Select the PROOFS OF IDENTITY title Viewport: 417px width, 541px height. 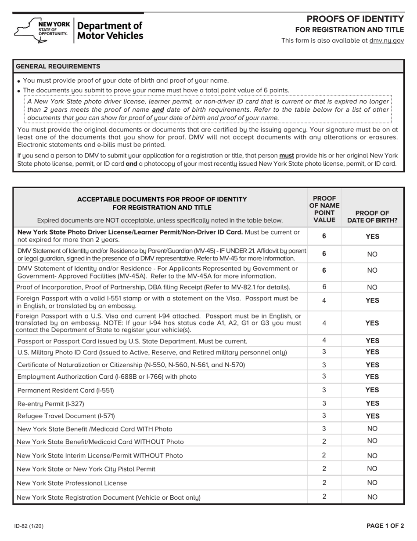[x=355, y=19]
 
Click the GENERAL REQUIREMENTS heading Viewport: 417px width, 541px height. [x=58, y=66]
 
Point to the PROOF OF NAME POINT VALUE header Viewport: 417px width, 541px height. [x=324, y=209]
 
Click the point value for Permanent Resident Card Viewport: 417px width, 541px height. [x=324, y=390]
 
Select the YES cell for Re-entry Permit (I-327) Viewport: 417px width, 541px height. [x=372, y=403]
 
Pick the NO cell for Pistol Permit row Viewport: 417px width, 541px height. [x=372, y=469]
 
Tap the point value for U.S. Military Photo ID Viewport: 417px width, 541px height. [x=324, y=352]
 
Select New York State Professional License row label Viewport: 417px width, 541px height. [x=72, y=483]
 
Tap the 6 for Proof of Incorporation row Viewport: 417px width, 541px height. [x=324, y=287]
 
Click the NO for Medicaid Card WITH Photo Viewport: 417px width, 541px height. [x=372, y=428]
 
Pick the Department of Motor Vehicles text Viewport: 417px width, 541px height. [x=110, y=31]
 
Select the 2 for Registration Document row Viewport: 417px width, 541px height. [x=324, y=497]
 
